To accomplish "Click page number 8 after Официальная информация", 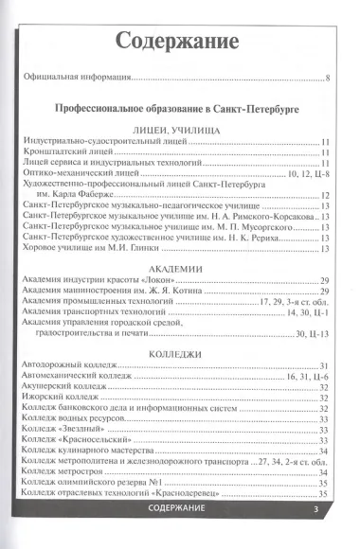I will coord(326,78).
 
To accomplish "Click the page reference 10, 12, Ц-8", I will coord(304,175).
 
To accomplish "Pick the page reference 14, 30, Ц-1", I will coord(306,310).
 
